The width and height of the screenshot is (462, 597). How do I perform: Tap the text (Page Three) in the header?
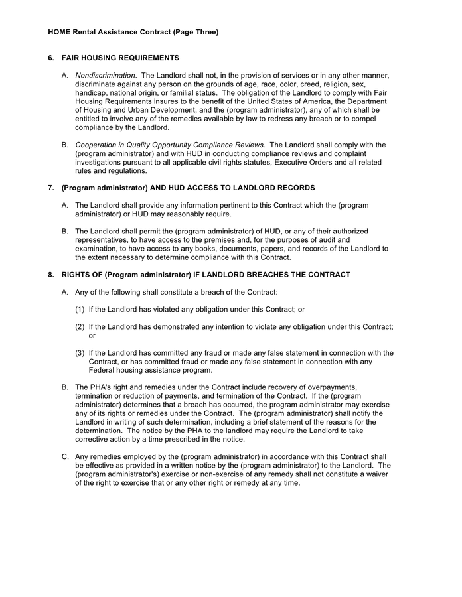(194, 31)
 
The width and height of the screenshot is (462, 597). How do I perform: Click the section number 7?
(51, 188)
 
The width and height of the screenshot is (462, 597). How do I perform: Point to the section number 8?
(51, 275)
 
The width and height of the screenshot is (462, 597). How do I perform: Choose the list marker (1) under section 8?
(80, 309)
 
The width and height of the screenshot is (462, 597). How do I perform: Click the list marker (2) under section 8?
(80, 326)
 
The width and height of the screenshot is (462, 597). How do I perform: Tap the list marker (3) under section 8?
(80, 353)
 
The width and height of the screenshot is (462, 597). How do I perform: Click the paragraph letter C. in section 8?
(65, 456)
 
